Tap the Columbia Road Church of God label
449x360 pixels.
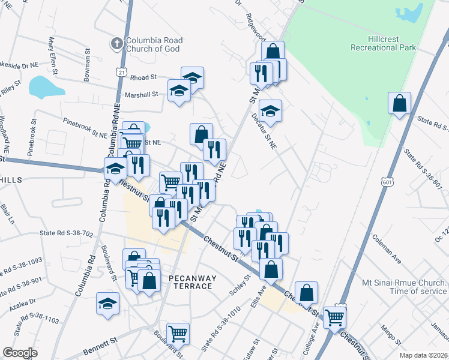tap(154, 45)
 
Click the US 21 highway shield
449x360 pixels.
tap(121, 72)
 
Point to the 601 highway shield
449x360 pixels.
tap(387, 181)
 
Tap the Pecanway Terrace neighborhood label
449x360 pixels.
tap(190, 282)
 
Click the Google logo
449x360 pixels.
tap(20, 353)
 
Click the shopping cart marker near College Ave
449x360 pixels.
tap(334, 316)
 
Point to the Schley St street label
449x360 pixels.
tap(240, 285)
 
